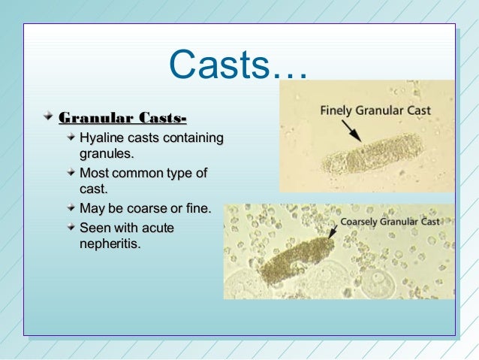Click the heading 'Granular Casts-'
tap(123, 117)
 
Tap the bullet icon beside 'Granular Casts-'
tap(47, 117)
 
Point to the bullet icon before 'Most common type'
tap(70, 174)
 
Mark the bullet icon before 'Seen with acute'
tap(70, 227)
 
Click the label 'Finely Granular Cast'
tap(375, 110)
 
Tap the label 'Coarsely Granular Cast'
tap(390, 222)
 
